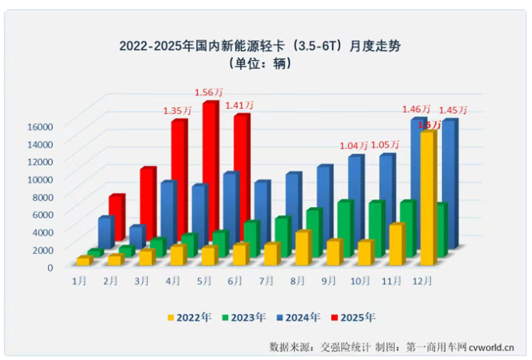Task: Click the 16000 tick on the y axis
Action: [x=39, y=126]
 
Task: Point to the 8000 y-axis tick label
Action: [x=42, y=196]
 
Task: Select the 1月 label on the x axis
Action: [x=79, y=280]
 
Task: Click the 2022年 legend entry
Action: [x=188, y=317]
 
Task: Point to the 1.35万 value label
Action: [x=178, y=111]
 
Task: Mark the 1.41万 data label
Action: [x=240, y=106]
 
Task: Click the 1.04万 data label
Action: [x=355, y=145]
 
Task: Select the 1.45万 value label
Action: [x=454, y=111]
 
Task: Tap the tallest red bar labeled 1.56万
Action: [x=209, y=178]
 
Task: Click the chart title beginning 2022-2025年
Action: [x=265, y=45]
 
